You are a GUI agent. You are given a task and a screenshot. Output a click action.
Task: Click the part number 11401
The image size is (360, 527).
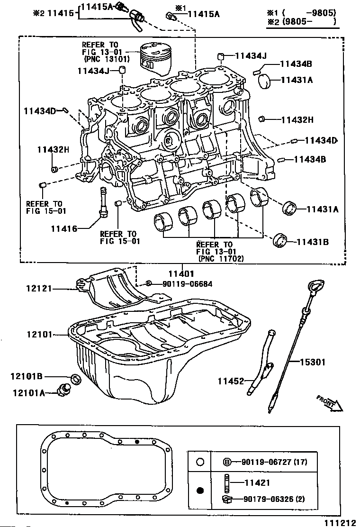point(181,273)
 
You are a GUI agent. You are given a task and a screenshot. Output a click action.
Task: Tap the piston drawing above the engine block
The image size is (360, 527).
point(154,58)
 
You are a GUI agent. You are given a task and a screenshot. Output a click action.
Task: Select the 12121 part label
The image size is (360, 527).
point(39,288)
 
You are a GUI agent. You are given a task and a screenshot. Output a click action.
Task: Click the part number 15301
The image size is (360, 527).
point(312,362)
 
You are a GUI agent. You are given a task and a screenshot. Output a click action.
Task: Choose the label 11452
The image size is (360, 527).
point(231,381)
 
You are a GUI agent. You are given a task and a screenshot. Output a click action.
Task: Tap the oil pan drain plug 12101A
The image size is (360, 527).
point(64,390)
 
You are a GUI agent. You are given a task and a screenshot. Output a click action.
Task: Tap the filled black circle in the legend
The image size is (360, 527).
point(200,491)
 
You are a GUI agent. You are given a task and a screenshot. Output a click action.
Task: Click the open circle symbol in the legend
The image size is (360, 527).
point(200,462)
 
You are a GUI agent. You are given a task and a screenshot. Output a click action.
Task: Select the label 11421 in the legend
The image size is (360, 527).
point(257,482)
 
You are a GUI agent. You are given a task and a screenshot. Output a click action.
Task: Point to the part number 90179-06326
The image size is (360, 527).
point(268,499)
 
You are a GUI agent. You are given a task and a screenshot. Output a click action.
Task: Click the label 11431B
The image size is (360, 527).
point(313,242)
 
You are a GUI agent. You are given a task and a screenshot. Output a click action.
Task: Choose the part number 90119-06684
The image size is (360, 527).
point(188,284)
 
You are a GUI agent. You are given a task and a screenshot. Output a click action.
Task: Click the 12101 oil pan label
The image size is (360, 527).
point(40,335)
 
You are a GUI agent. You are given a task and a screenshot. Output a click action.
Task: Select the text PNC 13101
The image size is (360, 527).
point(107,60)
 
